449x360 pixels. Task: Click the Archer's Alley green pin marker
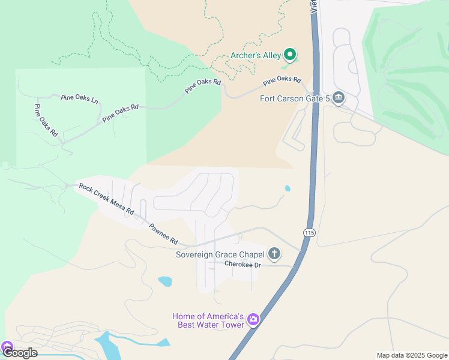tap(290, 55)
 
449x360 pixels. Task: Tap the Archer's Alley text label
tap(256, 56)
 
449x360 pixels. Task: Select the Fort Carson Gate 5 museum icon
tap(339, 97)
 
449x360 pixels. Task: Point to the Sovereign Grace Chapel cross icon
tap(274, 254)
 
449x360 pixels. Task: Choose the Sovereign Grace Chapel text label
tap(220, 254)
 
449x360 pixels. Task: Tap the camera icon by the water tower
tap(253, 319)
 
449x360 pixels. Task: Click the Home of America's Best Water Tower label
tap(208, 320)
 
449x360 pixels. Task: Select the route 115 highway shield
tap(309, 233)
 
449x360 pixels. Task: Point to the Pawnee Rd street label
tap(163, 234)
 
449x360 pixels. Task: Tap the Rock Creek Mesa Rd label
tap(106, 199)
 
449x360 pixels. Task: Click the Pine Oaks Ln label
tap(79, 97)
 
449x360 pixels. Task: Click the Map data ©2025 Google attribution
tap(411, 355)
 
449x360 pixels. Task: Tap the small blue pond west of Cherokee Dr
tap(165, 280)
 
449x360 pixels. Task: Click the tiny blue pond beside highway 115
tap(288, 188)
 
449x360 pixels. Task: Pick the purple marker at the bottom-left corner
tap(7, 347)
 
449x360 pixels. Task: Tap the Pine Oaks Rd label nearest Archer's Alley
tap(282, 79)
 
